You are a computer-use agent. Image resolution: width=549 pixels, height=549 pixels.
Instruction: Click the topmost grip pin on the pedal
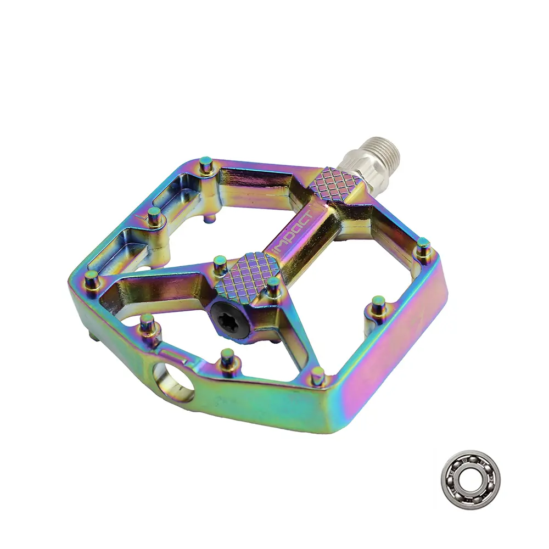click(x=206, y=164)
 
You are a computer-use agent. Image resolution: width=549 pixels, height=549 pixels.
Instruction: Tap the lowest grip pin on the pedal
click(x=317, y=376)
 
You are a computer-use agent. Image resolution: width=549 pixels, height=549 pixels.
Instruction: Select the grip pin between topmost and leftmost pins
click(x=155, y=215)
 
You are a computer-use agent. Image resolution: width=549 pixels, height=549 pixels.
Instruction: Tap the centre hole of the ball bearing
click(x=469, y=473)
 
